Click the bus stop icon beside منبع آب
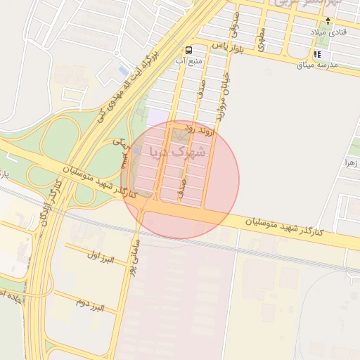pyautogui.click(x=188, y=49)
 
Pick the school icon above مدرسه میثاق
pyautogui.click(x=317, y=54)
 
